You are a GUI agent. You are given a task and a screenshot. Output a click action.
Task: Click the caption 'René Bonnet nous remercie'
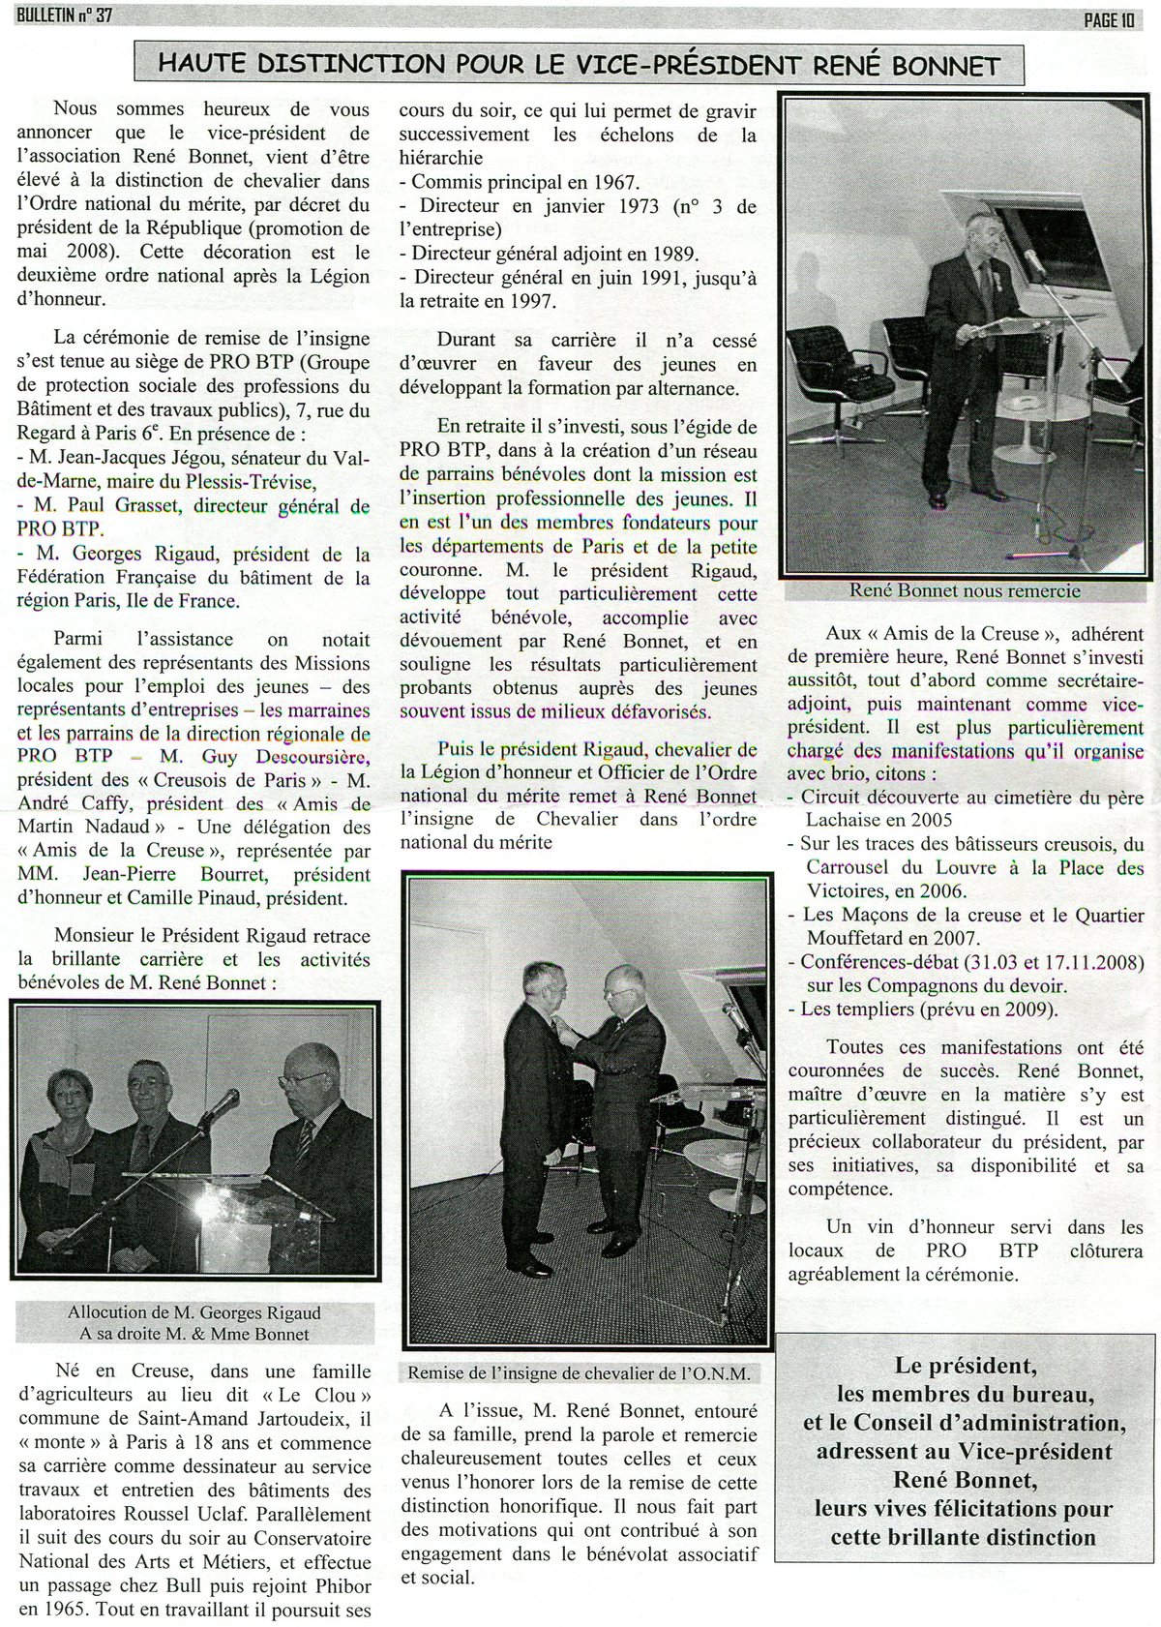[x=965, y=589]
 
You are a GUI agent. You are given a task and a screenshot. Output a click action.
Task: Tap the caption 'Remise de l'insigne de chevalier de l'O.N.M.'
[x=579, y=1373]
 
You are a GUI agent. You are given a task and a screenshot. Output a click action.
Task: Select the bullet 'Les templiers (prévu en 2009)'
[x=929, y=1009]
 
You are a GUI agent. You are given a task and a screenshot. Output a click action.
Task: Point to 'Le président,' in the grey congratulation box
[x=966, y=1366]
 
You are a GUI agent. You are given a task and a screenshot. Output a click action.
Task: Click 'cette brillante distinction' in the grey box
[x=965, y=1537]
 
